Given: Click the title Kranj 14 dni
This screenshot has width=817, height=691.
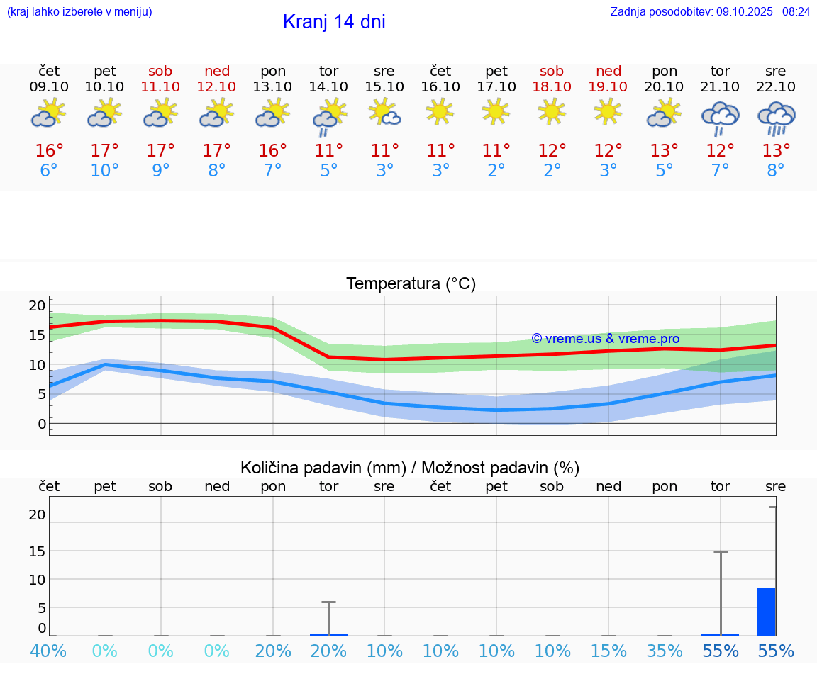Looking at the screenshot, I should pos(334,22).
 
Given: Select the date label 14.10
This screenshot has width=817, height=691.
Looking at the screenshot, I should pos(328,87).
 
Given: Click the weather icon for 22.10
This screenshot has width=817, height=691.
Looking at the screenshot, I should pos(776,117).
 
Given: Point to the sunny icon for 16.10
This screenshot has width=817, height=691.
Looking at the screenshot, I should pos(440,111).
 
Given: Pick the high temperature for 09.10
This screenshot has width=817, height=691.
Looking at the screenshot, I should pos(49,151).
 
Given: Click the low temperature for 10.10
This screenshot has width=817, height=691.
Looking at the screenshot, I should pos(105,171).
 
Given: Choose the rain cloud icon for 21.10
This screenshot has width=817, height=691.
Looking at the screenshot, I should pos(720,117).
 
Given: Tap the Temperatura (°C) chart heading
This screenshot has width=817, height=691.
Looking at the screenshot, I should pos(411,284).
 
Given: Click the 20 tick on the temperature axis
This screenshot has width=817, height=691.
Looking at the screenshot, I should pos(37,306).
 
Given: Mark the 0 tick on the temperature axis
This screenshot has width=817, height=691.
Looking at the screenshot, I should pos(42,424).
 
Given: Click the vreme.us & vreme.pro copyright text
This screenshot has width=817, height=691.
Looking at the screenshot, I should pos(605,339).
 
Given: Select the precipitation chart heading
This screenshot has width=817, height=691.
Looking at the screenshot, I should pos(410,468).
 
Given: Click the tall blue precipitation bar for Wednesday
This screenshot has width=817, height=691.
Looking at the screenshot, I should pos(766,612).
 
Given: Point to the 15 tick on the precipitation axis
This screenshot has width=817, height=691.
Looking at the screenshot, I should pos(37,551).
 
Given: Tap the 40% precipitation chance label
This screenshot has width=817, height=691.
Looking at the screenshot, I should pos(49,651).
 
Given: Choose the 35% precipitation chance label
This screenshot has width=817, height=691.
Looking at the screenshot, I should pos(665,651).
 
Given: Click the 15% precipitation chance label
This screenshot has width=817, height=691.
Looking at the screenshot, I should pos(608,651).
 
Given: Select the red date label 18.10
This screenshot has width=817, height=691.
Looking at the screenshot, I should pos(552,87).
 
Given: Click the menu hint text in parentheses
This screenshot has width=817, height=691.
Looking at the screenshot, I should pos(79,12).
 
